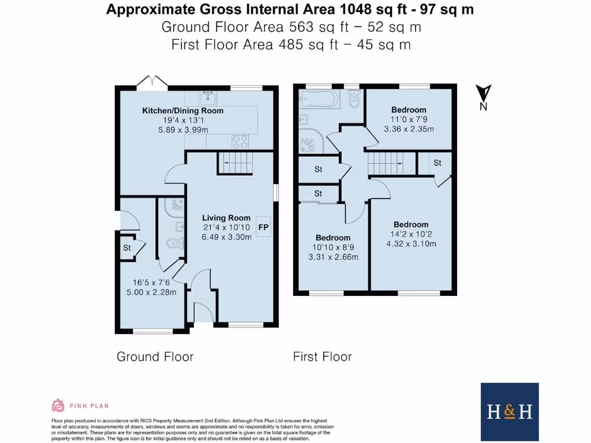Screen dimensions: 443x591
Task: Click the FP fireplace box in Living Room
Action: point(263,227)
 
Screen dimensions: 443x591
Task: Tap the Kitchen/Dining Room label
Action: point(182,111)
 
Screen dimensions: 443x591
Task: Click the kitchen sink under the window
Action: point(207,96)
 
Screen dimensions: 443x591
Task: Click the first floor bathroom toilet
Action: point(354,99)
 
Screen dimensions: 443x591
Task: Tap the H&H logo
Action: point(510,411)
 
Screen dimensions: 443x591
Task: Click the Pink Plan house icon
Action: point(58,405)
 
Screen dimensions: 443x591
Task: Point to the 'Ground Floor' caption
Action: point(155,356)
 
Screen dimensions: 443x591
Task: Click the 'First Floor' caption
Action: point(322,356)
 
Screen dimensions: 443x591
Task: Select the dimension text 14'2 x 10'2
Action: point(411,234)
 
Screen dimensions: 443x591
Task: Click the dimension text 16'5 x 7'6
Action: point(151,283)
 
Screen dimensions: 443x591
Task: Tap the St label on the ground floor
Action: point(127,248)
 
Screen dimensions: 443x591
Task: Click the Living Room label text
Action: point(226,217)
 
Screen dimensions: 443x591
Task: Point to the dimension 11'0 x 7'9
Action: point(409,119)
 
